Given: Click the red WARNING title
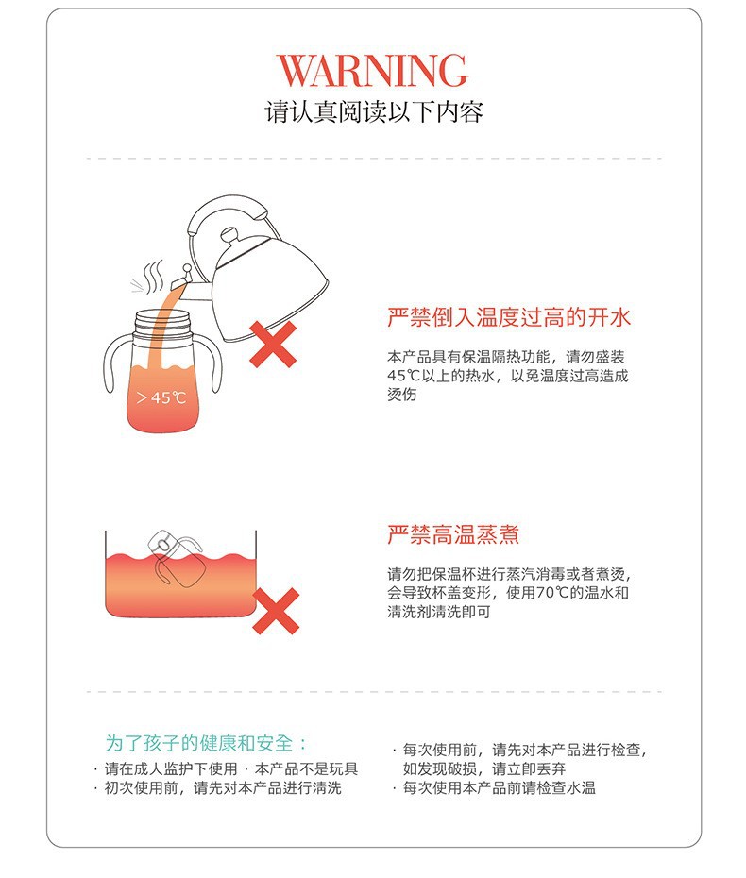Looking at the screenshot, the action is click(x=372, y=71).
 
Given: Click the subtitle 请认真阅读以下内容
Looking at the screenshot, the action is click(x=374, y=112).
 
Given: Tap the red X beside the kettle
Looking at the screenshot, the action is click(x=273, y=345).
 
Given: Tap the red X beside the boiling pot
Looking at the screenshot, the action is click(x=276, y=611).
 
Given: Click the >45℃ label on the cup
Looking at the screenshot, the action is click(x=161, y=397).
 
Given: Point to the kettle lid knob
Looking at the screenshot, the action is click(x=229, y=235).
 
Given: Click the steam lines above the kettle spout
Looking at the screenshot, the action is click(x=149, y=276).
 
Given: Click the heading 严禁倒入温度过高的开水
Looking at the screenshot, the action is click(x=509, y=317).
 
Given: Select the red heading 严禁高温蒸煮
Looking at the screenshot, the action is click(x=453, y=534).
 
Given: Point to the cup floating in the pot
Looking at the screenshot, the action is click(x=175, y=558).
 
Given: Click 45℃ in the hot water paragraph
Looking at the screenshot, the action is click(x=403, y=375).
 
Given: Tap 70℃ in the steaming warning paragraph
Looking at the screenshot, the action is click(x=552, y=593).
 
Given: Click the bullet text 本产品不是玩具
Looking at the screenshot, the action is click(x=306, y=768).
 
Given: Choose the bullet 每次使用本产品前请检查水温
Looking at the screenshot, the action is click(x=499, y=788).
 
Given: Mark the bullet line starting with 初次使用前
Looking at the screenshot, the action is click(x=223, y=788).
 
